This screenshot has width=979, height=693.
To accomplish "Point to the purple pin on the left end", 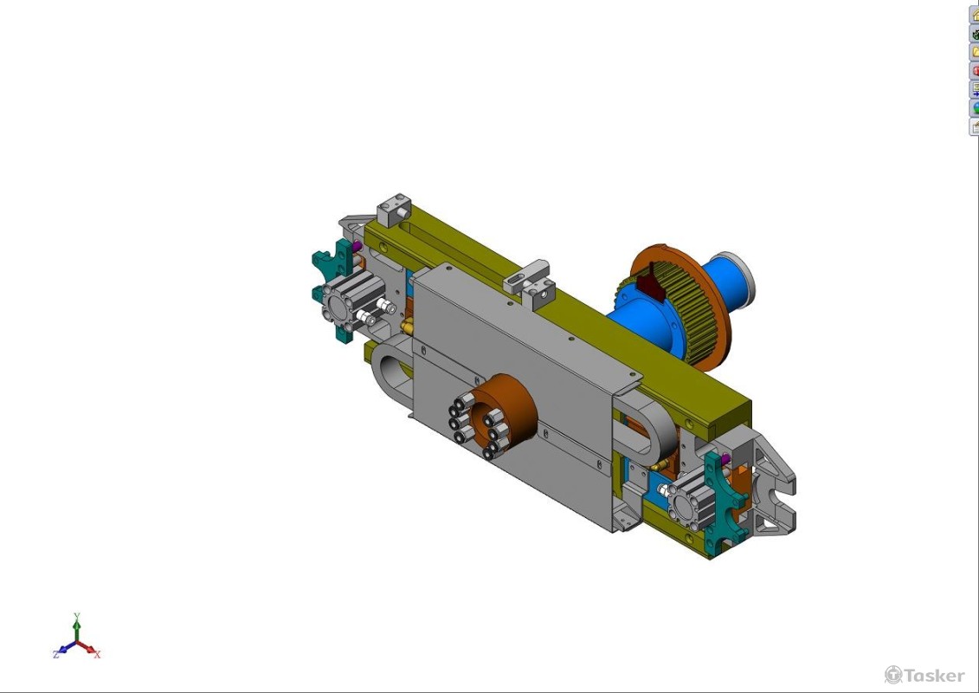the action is (357, 247).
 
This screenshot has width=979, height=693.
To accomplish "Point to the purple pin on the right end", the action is (725, 460).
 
